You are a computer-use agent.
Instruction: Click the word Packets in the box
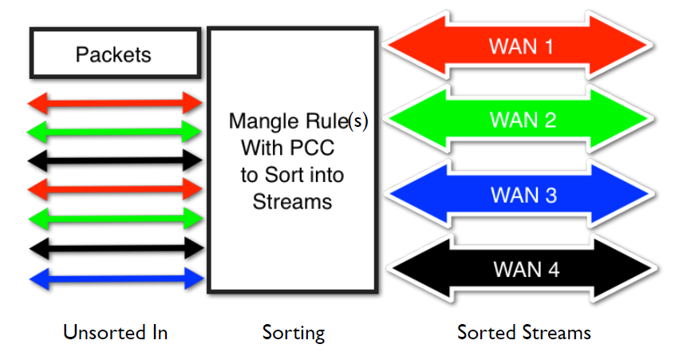(113, 54)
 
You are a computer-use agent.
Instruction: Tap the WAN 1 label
(521, 46)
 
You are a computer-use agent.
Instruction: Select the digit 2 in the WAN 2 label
(550, 120)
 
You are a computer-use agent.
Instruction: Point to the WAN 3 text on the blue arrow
(523, 196)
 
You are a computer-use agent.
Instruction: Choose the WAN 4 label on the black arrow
(527, 270)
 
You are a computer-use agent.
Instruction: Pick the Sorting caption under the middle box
(294, 333)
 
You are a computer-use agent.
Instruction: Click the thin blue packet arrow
(116, 279)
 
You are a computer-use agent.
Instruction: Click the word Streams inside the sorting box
(292, 202)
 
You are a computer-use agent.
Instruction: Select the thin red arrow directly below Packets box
(115, 103)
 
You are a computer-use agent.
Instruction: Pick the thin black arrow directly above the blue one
(116, 248)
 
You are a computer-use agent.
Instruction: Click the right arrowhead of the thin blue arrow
(194, 279)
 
